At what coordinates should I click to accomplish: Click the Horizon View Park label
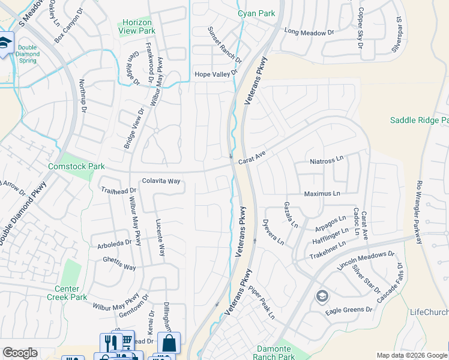[x=136, y=26]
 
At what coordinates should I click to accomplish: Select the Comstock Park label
[x=76, y=166]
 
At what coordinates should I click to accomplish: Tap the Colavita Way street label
[x=161, y=181]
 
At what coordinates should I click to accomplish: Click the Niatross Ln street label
[x=326, y=160]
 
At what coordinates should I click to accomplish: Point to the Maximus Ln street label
[x=322, y=194]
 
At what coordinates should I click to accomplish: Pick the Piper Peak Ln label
[x=262, y=305]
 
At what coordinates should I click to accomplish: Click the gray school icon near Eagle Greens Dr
[x=322, y=296]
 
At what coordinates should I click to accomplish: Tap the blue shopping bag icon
[x=169, y=343]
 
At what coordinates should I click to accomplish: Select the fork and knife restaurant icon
[x=109, y=344]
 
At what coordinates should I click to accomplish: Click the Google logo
[x=19, y=353]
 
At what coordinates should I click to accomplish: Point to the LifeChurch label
[x=429, y=312]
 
